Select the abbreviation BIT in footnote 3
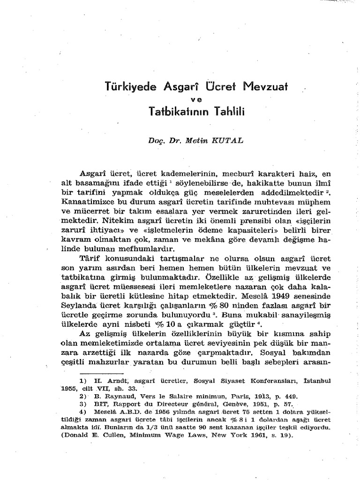click(x=97, y=403)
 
